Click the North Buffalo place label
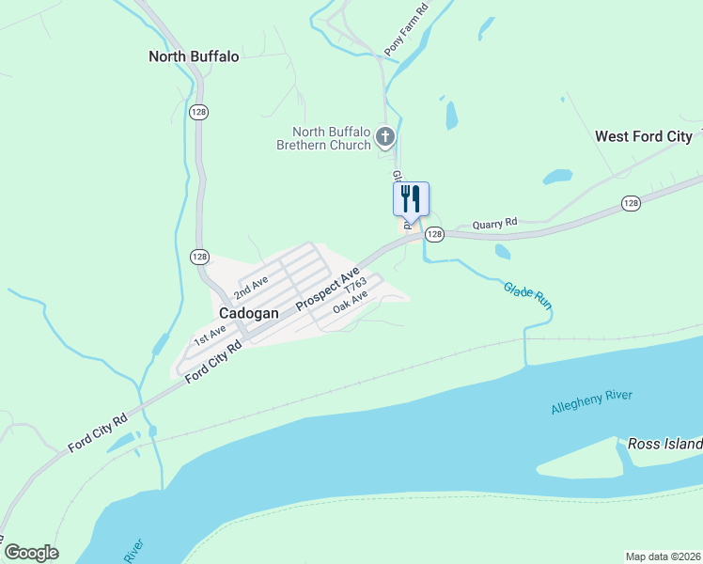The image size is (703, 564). tap(194, 56)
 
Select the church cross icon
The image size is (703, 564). tap(384, 138)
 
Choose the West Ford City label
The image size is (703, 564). tap(644, 136)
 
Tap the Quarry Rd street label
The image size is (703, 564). tap(494, 224)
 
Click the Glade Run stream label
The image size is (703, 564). tap(526, 296)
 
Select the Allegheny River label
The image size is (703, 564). tap(592, 401)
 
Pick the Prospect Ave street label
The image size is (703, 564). tap(328, 289)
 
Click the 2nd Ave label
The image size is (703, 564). tap(253, 284)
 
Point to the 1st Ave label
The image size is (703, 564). tap(209, 333)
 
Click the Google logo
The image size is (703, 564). tap(31, 553)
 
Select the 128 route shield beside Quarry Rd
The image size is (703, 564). tap(433, 234)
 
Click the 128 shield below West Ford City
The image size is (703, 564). tap(630, 203)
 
